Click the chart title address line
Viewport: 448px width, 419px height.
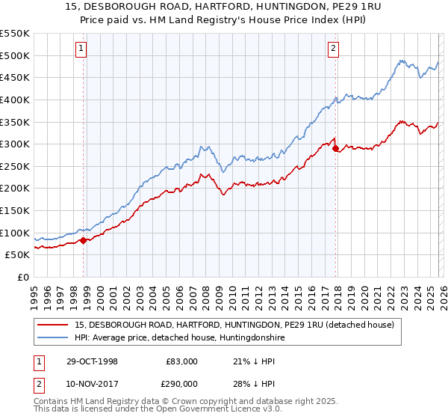223,7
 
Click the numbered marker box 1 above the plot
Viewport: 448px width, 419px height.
81,49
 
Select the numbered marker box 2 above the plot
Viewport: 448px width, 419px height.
333,49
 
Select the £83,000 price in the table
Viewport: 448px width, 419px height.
181,361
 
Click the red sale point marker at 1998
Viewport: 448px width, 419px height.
84,240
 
